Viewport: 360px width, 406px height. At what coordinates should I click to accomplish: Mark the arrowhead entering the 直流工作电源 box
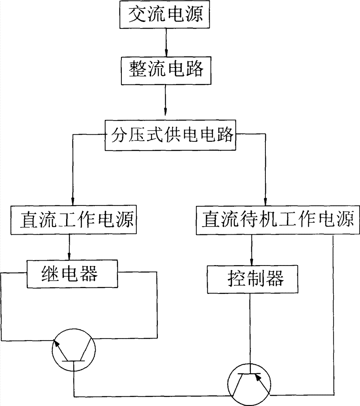tap(73, 202)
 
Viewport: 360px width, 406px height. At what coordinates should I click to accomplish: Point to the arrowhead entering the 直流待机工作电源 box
tap(265, 202)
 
